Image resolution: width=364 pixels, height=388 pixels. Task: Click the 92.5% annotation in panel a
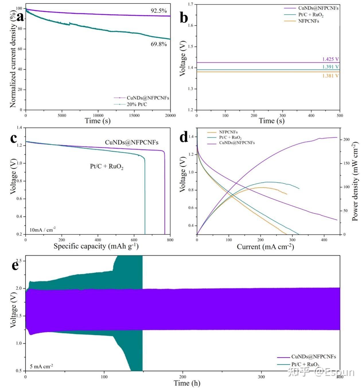click(x=159, y=11)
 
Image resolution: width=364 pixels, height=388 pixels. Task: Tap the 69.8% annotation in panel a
click(x=159, y=44)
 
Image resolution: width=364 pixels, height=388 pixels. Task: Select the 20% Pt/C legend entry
click(x=137, y=104)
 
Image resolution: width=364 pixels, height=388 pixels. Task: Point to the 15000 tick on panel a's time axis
click(x=134, y=116)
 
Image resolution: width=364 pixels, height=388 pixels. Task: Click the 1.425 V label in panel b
click(x=330, y=59)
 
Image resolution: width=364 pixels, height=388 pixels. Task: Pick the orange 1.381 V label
click(x=330, y=76)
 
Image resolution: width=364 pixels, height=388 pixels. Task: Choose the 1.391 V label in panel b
click(x=330, y=67)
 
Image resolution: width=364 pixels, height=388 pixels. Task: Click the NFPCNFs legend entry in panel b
click(x=308, y=21)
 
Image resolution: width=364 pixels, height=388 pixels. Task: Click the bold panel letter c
click(x=13, y=138)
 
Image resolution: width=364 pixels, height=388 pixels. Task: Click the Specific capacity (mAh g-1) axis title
click(x=96, y=246)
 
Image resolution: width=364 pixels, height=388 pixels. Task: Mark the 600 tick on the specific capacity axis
click(x=134, y=240)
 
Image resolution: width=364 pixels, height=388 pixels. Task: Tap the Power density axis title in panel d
click(x=355, y=181)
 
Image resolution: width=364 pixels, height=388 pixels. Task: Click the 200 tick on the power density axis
click(x=347, y=140)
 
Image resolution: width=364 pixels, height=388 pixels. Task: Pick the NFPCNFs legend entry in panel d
click(x=228, y=132)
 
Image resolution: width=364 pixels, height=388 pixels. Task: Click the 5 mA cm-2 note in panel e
click(x=41, y=366)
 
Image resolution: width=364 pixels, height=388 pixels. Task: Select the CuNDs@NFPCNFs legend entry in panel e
click(x=314, y=357)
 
